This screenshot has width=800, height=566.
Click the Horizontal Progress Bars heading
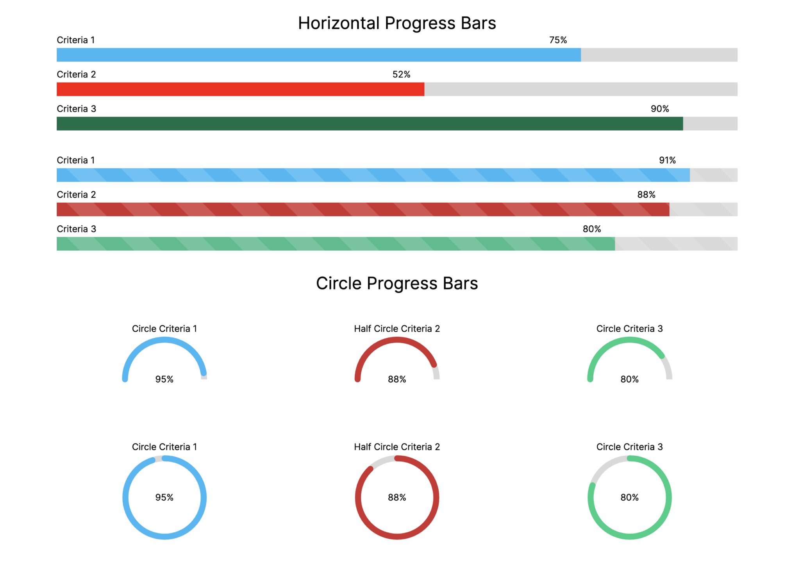(x=396, y=23)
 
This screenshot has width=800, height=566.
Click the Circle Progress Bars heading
(x=396, y=283)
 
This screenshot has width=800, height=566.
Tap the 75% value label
(x=558, y=40)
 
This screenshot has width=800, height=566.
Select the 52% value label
(x=401, y=74)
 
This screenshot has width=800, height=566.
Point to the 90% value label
(x=660, y=109)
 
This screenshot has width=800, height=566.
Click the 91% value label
(x=667, y=160)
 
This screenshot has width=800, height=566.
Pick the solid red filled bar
(x=240, y=89)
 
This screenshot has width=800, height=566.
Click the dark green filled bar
(x=369, y=124)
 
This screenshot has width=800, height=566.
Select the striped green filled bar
(x=336, y=244)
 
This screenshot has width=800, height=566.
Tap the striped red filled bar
(x=363, y=209)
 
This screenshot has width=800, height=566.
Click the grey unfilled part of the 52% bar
(x=581, y=89)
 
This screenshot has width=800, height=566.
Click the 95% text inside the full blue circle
(x=164, y=497)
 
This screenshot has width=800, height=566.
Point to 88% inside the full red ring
(x=397, y=497)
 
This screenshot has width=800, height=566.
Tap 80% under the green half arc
(x=629, y=379)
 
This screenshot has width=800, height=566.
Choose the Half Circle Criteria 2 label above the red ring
(x=397, y=447)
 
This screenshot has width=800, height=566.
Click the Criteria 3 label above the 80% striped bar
(x=76, y=229)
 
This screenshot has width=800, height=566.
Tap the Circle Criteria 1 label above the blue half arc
(x=164, y=329)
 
